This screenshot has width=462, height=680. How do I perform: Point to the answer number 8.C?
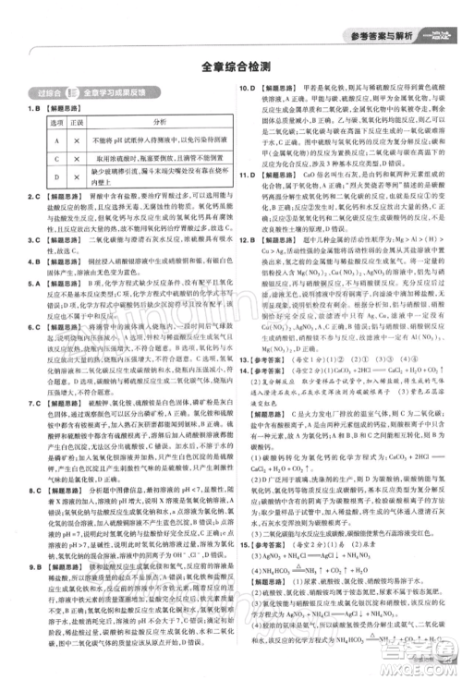coord(30,464)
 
